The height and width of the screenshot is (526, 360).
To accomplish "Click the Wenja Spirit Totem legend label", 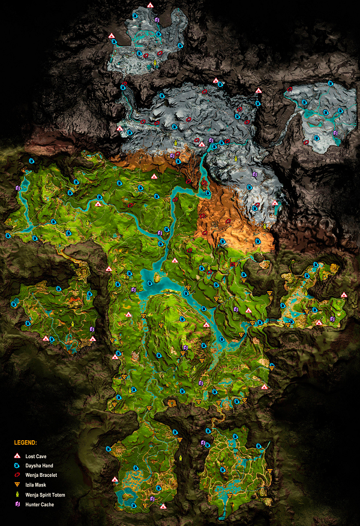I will pos(45,495).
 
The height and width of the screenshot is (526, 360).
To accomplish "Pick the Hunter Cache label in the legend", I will pos(40,504).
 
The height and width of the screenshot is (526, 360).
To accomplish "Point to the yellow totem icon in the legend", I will pos(17,495).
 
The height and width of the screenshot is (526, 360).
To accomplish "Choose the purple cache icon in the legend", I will pos(17,504).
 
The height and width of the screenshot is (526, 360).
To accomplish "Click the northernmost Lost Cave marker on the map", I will pos(150,5).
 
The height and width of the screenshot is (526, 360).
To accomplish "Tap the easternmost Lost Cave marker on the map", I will pos(344,295).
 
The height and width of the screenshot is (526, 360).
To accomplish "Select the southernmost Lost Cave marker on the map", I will pos(163,506).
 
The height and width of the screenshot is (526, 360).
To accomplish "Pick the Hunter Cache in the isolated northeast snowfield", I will pos(335,133).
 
